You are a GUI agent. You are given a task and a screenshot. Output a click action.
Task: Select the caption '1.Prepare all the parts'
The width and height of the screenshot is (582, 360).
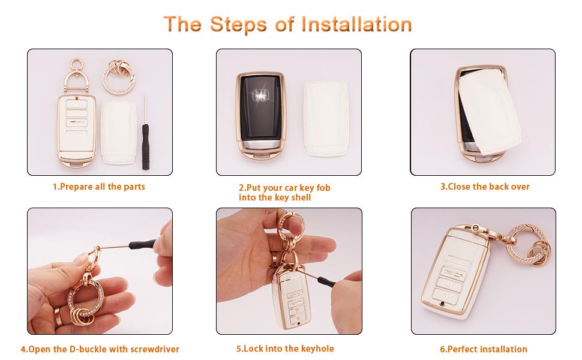tap(99, 187)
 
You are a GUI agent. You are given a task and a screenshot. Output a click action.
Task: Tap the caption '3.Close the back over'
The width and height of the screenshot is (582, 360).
tap(485, 187)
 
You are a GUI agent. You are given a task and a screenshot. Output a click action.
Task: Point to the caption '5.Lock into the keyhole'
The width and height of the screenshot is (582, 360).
tap(285, 349)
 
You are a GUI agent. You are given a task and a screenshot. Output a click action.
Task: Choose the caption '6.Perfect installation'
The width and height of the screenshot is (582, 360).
tap(484, 349)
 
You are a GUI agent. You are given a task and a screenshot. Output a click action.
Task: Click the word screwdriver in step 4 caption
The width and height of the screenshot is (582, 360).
tap(151, 349)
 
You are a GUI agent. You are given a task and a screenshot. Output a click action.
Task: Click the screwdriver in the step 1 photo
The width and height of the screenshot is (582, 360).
tap(145, 129)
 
